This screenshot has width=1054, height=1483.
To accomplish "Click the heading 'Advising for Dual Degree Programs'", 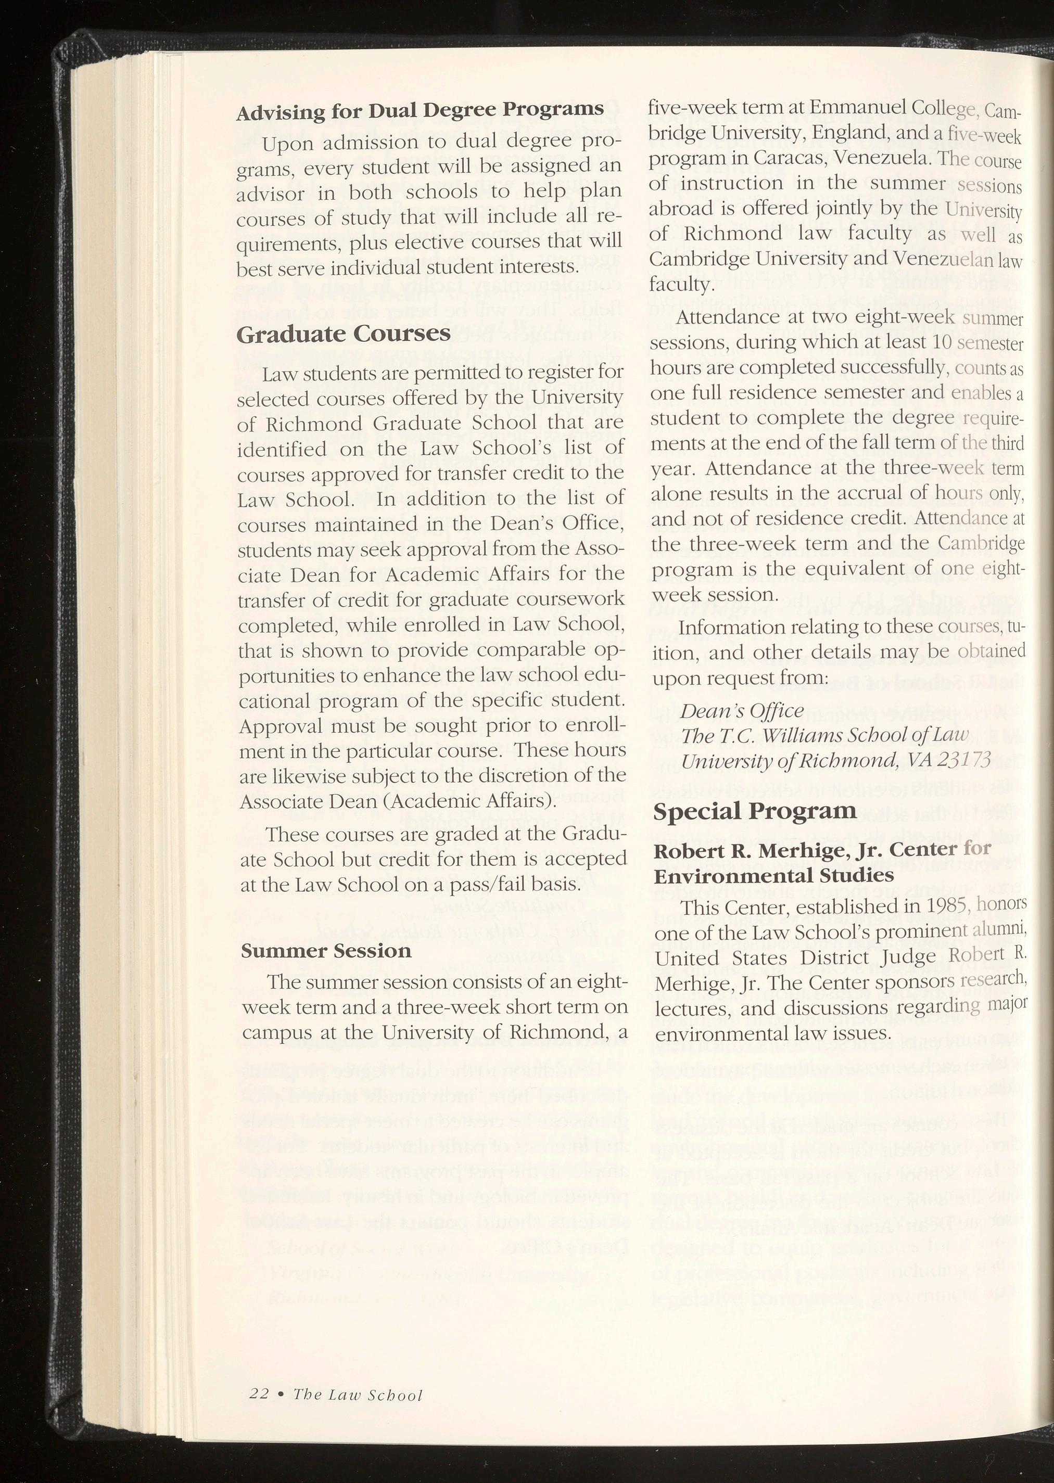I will (420, 111).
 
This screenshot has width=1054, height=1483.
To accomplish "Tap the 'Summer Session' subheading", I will (326, 951).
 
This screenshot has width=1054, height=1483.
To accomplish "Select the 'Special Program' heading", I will (754, 811).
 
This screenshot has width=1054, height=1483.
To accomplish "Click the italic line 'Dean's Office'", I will (742, 710).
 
